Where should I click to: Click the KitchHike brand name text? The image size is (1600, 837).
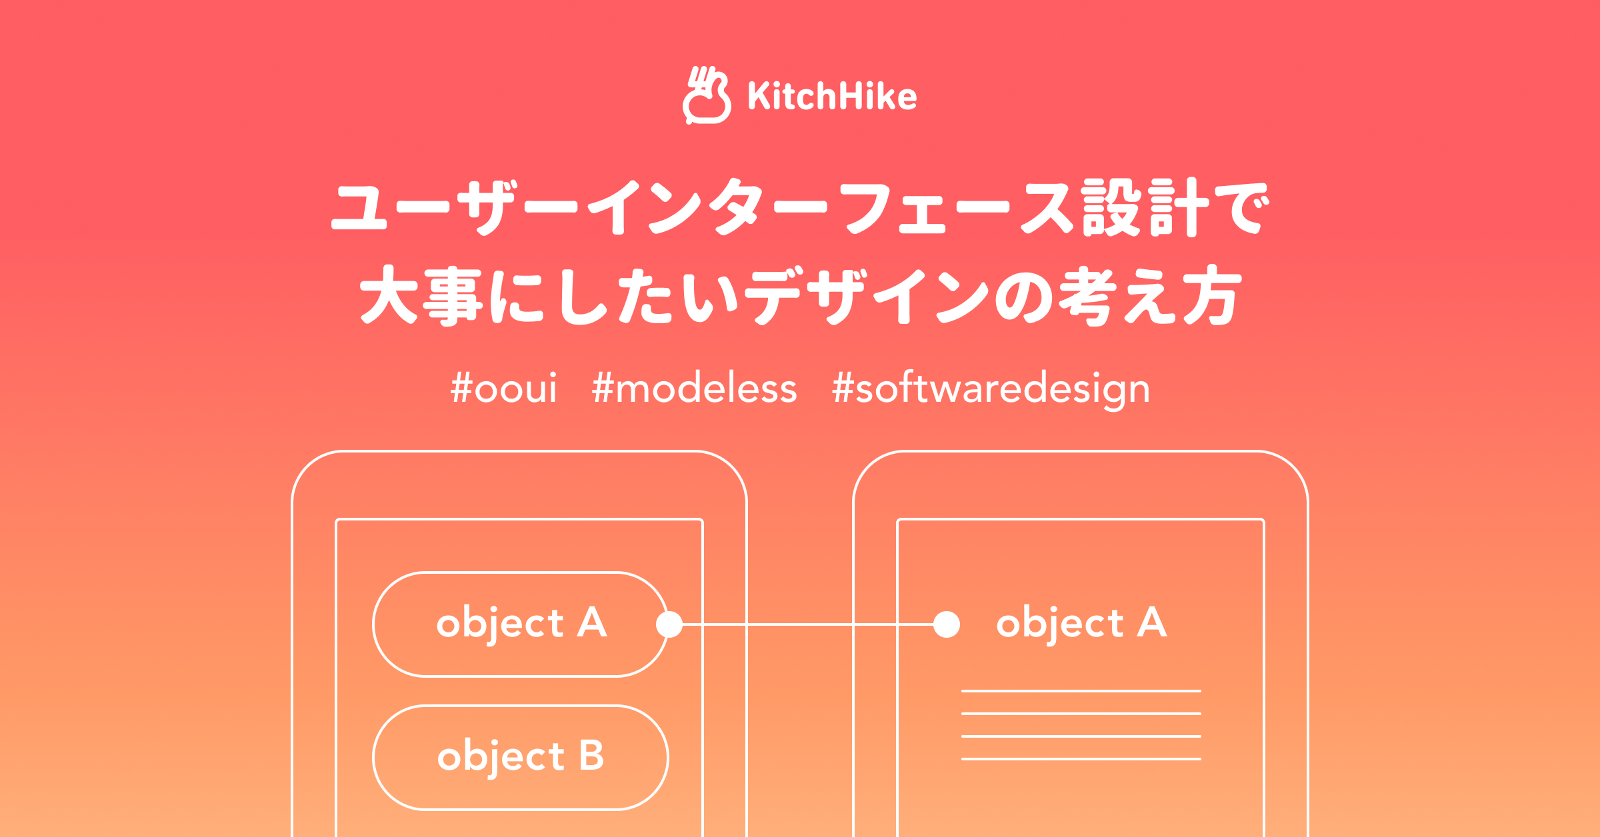click(832, 96)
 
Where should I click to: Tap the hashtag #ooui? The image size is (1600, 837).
click(503, 389)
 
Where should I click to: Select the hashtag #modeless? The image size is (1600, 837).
click(694, 388)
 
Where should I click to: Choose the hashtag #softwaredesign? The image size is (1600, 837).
click(991, 389)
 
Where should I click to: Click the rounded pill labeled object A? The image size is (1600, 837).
click(521, 624)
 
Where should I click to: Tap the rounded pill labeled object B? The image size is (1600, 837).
click(521, 758)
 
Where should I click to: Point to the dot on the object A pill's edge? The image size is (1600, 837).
click(669, 624)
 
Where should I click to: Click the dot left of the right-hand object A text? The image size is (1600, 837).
click(947, 624)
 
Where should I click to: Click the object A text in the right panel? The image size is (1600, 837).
click(1081, 623)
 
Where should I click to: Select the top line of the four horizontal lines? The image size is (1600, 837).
click(1081, 691)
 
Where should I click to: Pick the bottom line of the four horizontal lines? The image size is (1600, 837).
click(1081, 759)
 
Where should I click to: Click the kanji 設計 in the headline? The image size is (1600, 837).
click(1145, 207)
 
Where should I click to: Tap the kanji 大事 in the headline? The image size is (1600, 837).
click(421, 295)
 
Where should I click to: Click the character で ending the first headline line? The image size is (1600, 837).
click(1241, 208)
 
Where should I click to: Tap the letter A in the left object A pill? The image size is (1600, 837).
click(592, 622)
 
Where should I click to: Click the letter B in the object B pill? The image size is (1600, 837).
click(591, 756)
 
